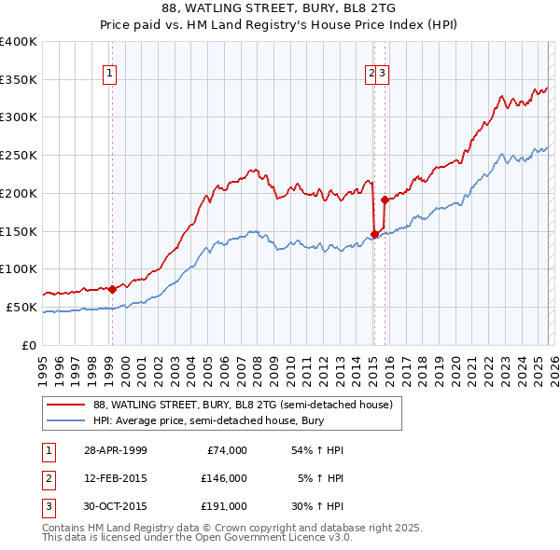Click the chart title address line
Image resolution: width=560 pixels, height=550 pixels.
tap(279, 8)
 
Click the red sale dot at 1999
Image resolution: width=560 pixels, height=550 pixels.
tap(112, 289)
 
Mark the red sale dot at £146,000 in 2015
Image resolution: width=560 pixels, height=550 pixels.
tap(374, 234)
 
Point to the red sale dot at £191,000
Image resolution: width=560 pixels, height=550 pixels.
tap(385, 199)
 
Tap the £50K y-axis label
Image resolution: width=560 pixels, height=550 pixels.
tap(22, 307)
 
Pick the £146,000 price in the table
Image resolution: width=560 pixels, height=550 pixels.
tap(223, 478)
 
